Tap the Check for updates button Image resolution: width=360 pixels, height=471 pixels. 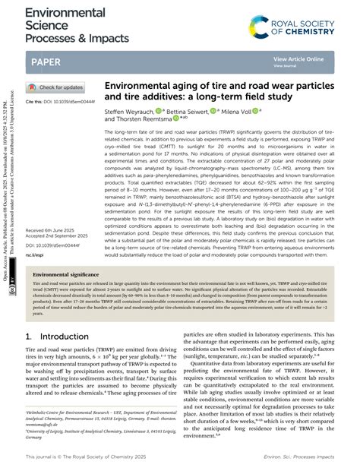click(x=57, y=87)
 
